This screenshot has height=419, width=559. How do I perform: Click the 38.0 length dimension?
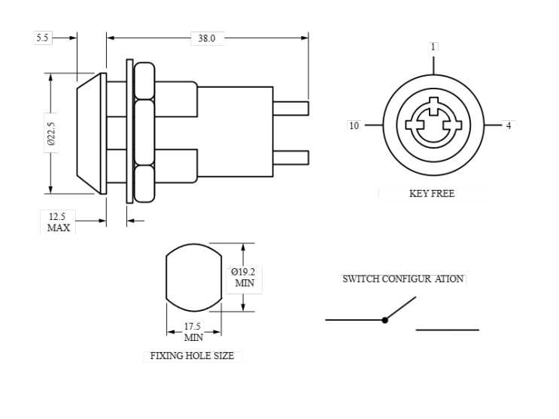point(202,38)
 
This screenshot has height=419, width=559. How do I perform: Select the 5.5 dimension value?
point(42,38)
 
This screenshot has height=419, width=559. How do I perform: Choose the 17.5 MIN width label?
point(193,332)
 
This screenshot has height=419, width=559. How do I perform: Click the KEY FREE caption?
point(431,193)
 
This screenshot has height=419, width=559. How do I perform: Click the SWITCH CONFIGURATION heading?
point(403,279)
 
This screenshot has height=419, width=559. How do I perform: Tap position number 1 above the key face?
point(433,47)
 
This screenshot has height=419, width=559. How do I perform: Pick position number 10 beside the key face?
point(354,125)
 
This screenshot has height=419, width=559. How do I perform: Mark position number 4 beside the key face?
point(509,125)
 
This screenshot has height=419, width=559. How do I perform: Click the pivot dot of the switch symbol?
point(384,320)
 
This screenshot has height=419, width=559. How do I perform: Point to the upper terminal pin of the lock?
point(290,109)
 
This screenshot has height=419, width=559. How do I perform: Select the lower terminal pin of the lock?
point(290,156)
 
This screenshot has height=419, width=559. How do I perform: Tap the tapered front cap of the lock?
point(90,134)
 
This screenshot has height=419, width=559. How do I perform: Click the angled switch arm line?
point(401,308)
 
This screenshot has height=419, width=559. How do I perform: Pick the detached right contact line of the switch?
point(447,330)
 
